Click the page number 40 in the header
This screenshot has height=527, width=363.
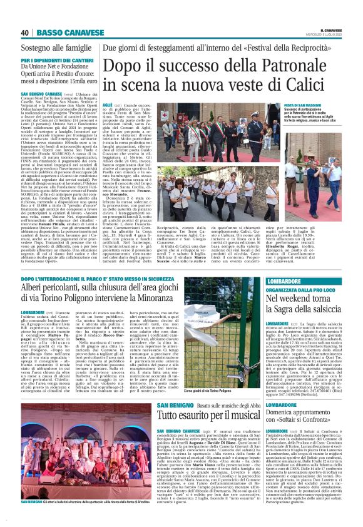pos(24,33)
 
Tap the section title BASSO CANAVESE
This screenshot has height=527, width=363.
pos(61,33)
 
